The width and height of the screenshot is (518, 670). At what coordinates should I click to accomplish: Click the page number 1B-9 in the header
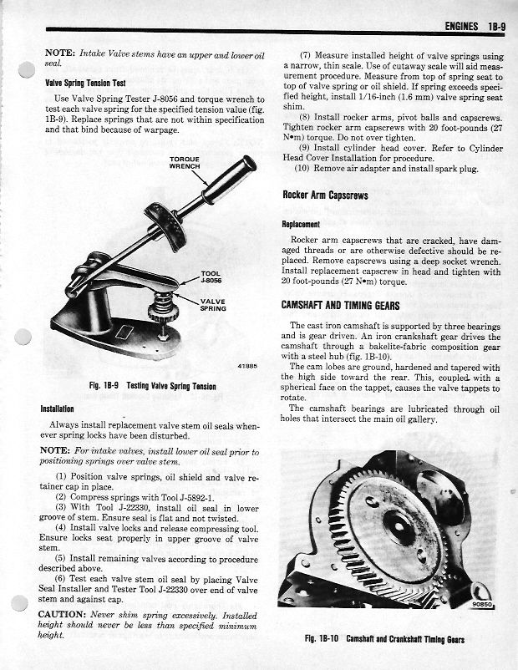[x=495, y=27]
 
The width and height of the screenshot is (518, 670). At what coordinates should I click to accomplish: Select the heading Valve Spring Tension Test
[x=85, y=84]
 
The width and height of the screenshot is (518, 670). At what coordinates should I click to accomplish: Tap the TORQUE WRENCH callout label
[x=185, y=162]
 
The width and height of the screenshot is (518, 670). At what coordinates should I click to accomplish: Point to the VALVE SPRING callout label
[x=213, y=304]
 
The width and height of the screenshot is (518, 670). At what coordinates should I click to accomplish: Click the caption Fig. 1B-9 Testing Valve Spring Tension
[x=152, y=386]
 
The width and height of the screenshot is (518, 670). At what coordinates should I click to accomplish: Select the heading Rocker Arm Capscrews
[x=326, y=195]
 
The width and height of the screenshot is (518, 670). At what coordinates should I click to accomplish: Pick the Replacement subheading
[x=302, y=224]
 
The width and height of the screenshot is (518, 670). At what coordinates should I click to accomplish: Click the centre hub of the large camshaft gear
[x=399, y=528]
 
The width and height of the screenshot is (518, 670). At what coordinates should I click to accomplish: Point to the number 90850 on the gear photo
[x=483, y=607]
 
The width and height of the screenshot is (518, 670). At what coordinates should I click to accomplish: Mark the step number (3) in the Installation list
[x=62, y=507]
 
